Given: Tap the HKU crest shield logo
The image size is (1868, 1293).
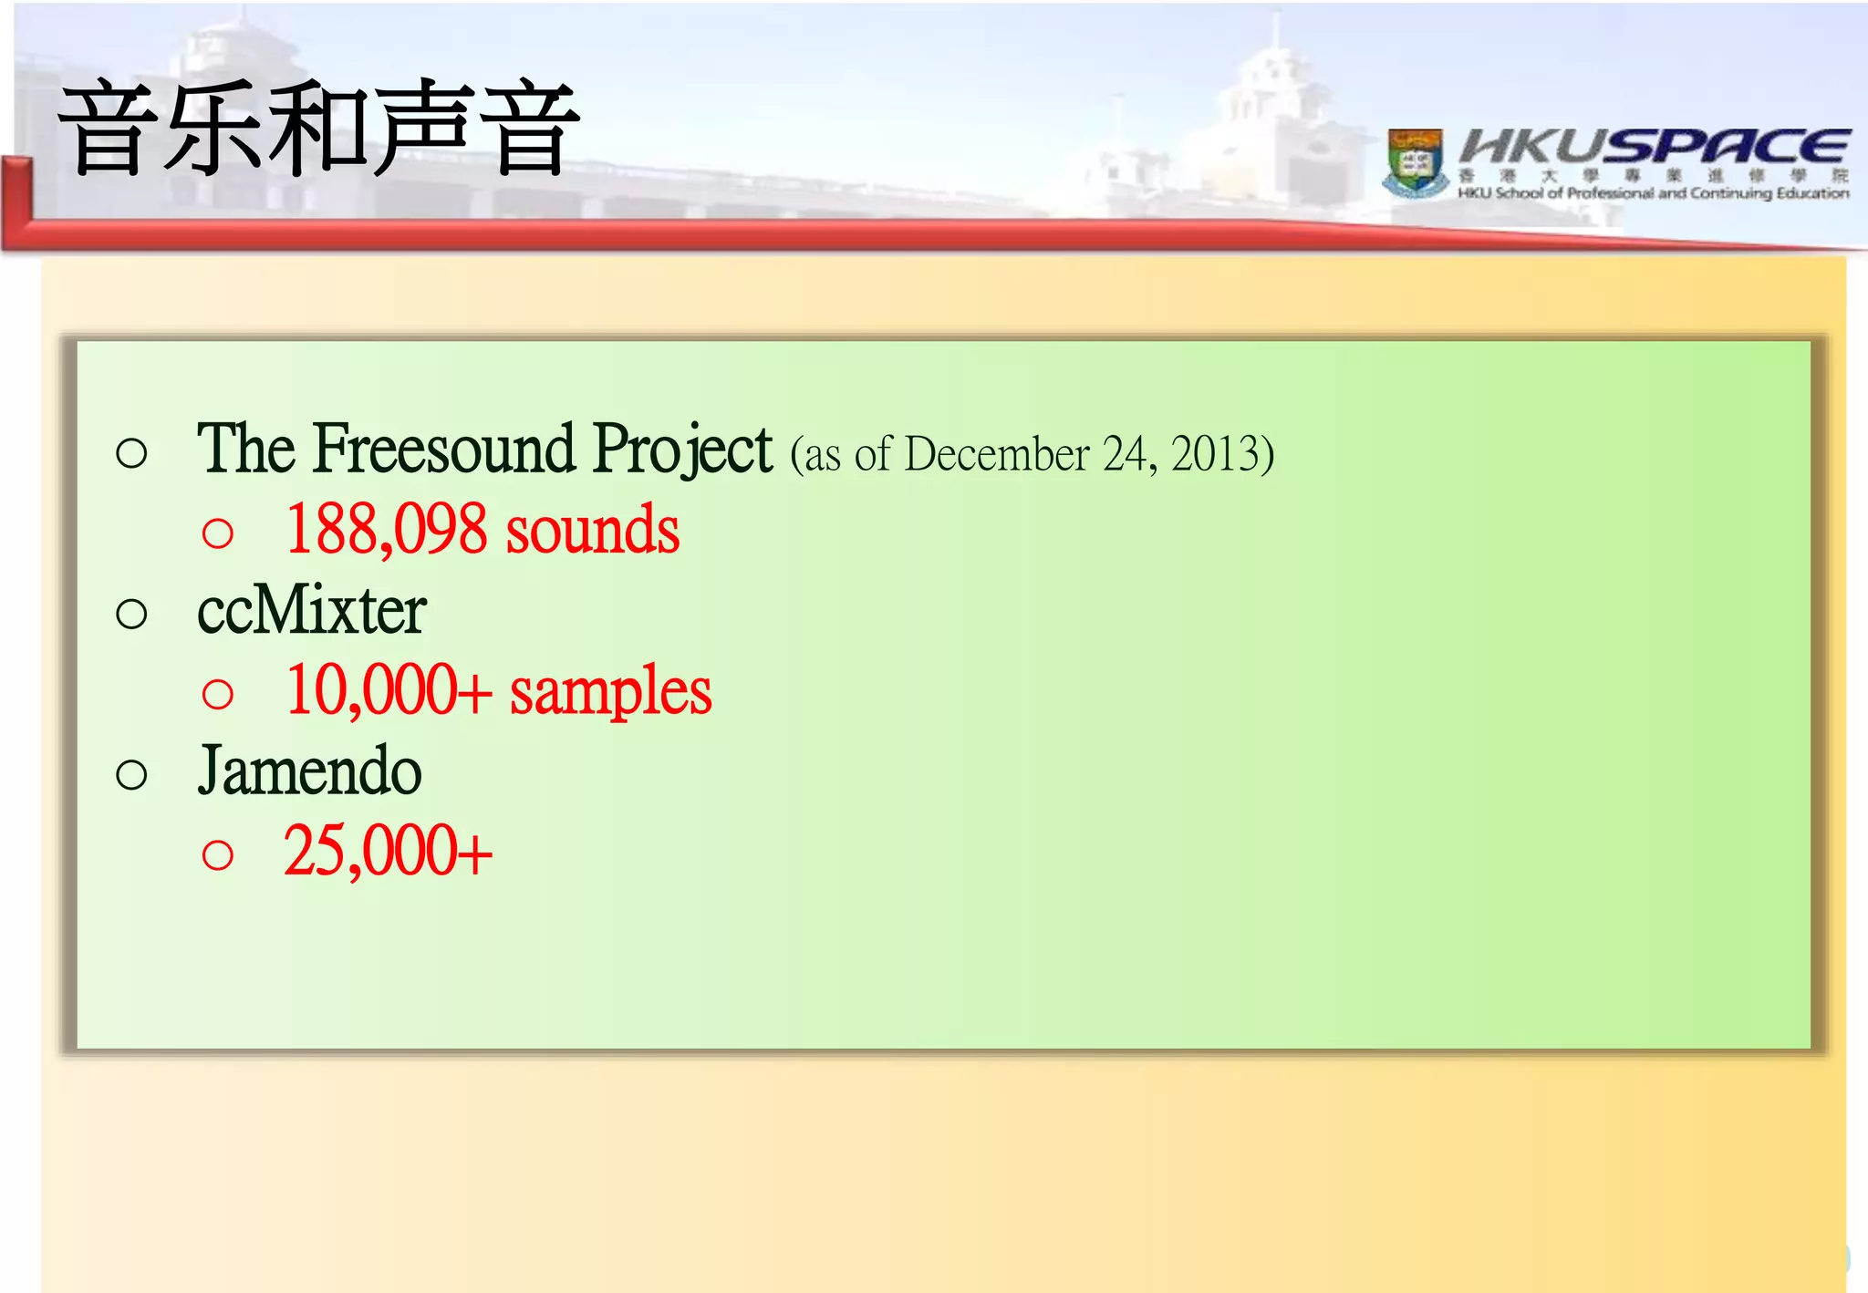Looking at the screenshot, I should coord(1415,162).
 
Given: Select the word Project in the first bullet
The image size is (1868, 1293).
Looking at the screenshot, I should coord(682,450).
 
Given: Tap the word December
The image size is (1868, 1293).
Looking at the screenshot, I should coord(997,454).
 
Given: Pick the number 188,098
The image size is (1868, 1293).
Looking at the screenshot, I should coord(387,530).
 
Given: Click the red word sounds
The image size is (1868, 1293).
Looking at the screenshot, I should coord(593,530).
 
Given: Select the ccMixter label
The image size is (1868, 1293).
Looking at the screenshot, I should coord(312,610).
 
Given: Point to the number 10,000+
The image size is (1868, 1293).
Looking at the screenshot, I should coord(389,690).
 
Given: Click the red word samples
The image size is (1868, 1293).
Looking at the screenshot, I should coord(610,690).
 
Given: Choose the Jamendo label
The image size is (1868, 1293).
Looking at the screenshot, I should coord(310,771).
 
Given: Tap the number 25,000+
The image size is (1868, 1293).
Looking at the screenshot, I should coord(388,852).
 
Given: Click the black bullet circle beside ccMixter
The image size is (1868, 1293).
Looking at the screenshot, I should coord(132,614).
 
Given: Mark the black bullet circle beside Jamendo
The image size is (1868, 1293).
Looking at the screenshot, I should coord(132,775).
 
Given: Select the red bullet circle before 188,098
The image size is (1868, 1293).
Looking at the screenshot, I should coord(218,533).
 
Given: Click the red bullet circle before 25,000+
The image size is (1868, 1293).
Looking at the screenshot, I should coord(218,855).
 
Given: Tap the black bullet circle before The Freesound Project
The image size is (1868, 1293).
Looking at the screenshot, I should coord(132,453).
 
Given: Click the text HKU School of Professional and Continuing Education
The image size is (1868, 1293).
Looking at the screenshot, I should coord(1653,193).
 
